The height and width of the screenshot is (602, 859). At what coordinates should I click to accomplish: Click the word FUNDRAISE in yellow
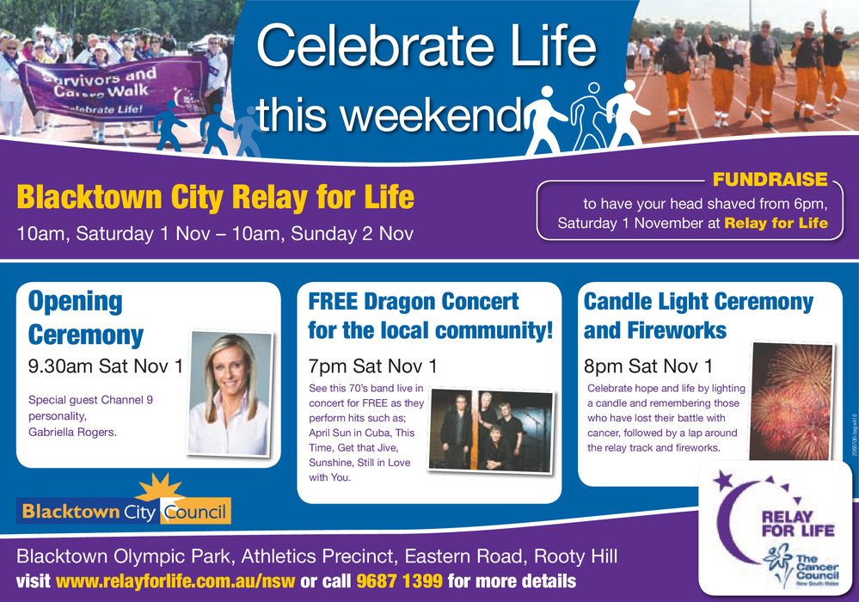[770, 180]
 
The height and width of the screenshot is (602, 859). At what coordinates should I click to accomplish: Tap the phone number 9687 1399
[399, 580]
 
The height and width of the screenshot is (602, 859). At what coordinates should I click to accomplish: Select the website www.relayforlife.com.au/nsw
[175, 580]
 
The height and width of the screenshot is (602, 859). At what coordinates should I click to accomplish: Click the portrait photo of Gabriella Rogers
[230, 394]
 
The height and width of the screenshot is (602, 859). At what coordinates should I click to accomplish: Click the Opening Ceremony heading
[86, 317]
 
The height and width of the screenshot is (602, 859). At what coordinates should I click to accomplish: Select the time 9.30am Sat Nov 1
[106, 366]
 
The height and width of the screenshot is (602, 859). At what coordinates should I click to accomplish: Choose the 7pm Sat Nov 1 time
[372, 366]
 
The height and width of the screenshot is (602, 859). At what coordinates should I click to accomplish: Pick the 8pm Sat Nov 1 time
[648, 366]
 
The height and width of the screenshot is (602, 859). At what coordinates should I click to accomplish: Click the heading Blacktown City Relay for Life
[215, 199]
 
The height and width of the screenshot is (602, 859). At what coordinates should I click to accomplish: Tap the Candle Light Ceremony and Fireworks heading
[698, 316]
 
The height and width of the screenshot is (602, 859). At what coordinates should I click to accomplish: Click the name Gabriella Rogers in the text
[72, 432]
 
